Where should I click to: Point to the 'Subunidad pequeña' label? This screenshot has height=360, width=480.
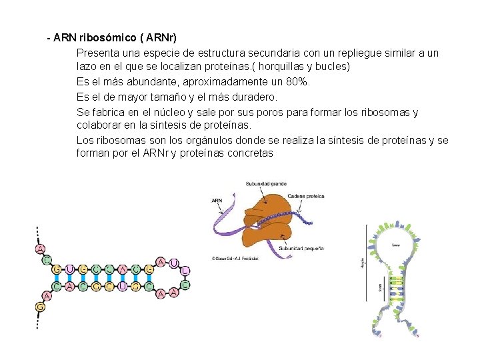point(301,249)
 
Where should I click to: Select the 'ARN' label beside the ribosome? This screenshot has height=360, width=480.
point(217,200)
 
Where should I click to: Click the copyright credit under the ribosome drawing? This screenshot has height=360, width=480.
point(234,258)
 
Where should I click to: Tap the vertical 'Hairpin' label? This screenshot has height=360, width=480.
point(363,262)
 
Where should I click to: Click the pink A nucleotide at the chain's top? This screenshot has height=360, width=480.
point(40,249)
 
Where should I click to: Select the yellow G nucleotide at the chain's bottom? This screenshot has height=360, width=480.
point(40,307)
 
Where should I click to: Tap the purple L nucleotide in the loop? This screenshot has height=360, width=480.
point(185,271)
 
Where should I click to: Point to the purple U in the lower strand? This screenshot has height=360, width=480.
point(123,287)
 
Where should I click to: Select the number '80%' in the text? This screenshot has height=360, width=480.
point(297,81)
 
